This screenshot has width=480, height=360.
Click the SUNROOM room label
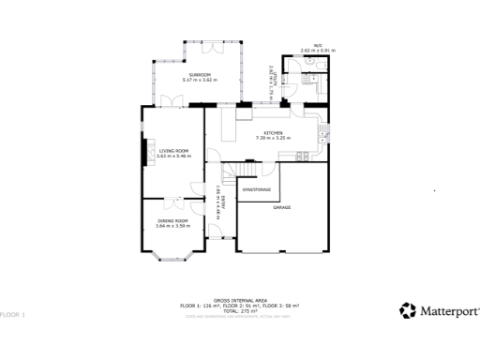click(x=199, y=74)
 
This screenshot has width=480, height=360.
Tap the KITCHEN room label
click(x=273, y=133)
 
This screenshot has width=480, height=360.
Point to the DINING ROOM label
click(x=173, y=220)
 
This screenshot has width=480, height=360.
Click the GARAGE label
click(x=281, y=206)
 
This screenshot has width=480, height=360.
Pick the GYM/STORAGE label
click(x=257, y=189)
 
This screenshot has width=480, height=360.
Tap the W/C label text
click(x=318, y=45)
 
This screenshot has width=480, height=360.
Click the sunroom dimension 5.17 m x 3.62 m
click(x=199, y=80)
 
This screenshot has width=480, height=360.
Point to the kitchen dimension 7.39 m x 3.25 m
click(x=273, y=139)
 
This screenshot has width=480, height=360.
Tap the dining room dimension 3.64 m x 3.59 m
click(x=173, y=226)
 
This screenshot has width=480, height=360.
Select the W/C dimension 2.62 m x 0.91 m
click(x=318, y=50)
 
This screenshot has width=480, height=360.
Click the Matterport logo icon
click(x=408, y=309)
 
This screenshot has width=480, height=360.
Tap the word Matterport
click(x=448, y=310)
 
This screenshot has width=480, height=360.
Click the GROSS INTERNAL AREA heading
click(x=240, y=301)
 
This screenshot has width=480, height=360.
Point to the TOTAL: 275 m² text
click(x=240, y=310)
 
